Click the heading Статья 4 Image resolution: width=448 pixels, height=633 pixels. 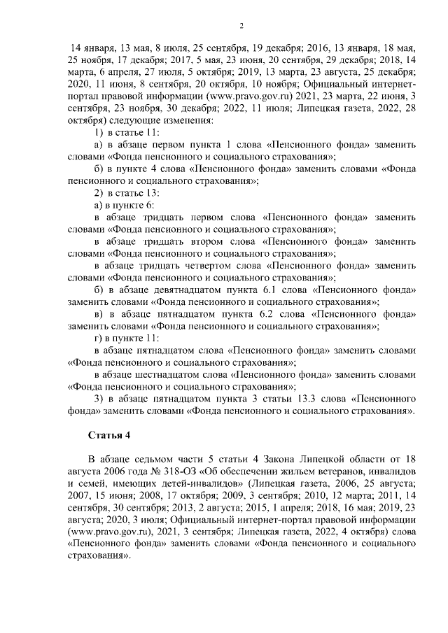[x=109, y=436]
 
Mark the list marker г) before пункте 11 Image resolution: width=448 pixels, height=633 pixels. [x=98, y=337]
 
